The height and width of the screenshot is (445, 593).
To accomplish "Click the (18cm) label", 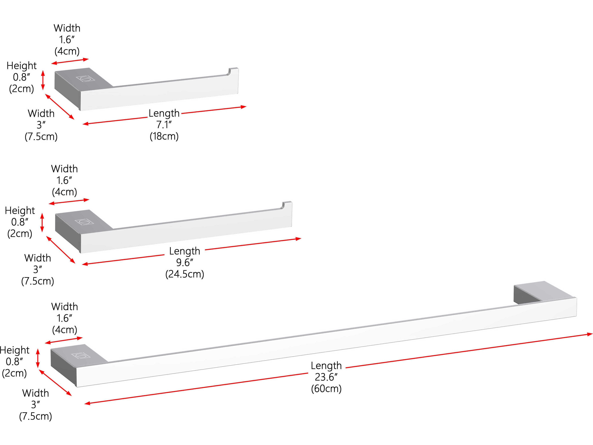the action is pyautogui.click(x=164, y=136).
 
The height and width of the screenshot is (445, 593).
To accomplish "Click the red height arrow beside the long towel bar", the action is pyautogui.click(x=38, y=358).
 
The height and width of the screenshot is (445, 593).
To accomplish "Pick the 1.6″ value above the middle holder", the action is pyautogui.click(x=64, y=180).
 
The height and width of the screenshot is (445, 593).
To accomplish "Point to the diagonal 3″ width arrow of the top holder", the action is pyautogui.click(x=59, y=106).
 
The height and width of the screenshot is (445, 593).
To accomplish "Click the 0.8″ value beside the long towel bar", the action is pyautogui.click(x=14, y=362).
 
